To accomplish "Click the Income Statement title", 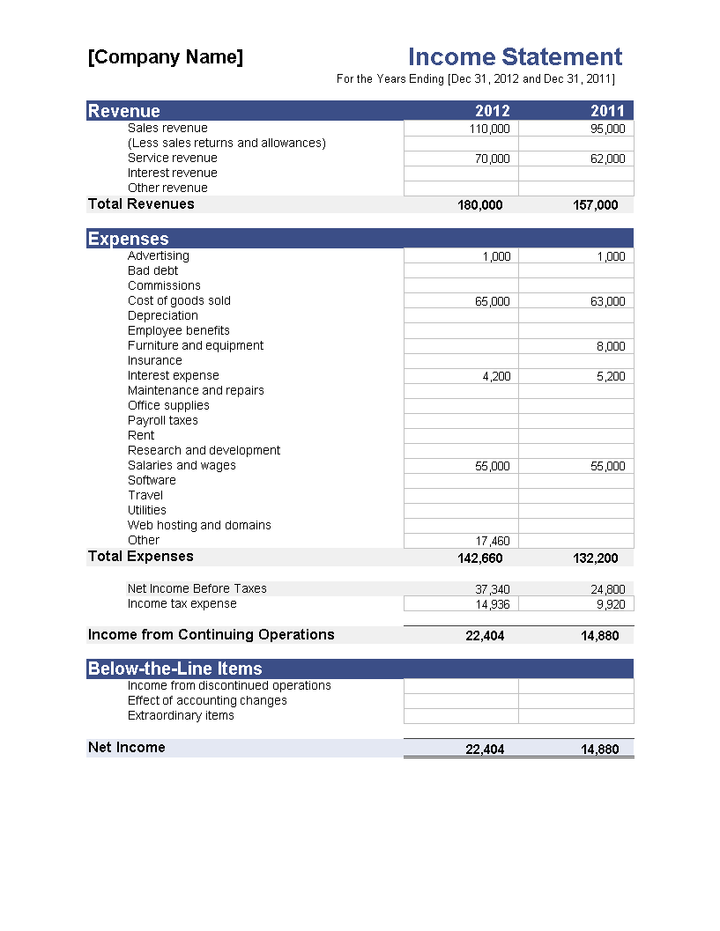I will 515,57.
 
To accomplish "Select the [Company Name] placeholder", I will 166,57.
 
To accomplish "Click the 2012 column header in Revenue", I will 492,111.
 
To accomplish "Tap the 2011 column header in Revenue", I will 607,111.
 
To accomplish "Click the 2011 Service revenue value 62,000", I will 607,159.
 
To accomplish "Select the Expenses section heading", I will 129,239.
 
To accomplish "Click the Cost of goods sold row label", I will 179,300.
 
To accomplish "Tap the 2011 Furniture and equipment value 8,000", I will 611,346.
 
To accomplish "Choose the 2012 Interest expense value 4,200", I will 495,376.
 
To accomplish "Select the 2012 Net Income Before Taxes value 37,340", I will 492,589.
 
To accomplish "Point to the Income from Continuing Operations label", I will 212,634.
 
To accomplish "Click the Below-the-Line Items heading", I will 175,669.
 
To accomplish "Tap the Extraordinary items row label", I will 181,715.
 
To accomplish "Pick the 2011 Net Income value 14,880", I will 600,750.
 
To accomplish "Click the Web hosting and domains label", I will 199,525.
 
